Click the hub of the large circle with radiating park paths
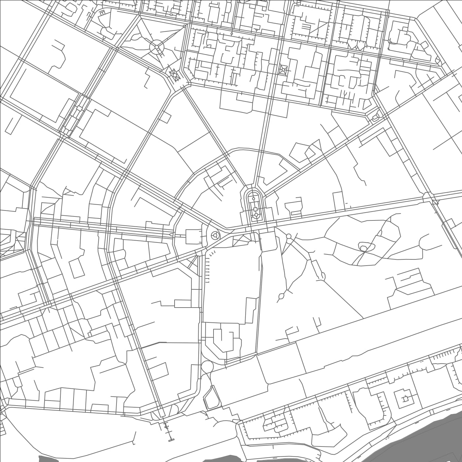156,47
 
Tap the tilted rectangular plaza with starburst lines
174,76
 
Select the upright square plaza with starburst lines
283,70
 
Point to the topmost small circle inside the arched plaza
253,199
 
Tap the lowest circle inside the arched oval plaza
256,215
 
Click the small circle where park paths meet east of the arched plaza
289,236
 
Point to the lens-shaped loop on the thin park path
281,296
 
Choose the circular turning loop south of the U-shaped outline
207,367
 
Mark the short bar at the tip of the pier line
171,440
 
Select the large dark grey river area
429,436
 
